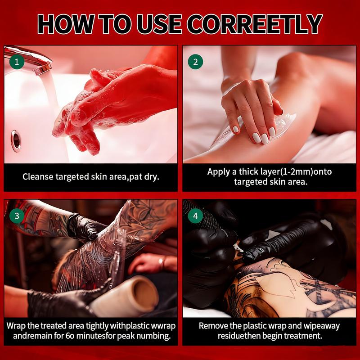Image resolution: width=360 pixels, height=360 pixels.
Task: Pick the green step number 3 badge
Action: coord(17,216)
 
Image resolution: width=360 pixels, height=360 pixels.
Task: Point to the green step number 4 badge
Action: coord(195,216)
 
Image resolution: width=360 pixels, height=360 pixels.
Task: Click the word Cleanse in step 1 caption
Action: coord(38,176)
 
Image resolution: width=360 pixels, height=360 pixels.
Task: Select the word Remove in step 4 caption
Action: coord(214,325)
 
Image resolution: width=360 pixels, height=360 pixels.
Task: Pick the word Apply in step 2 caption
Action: coord(218,172)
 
